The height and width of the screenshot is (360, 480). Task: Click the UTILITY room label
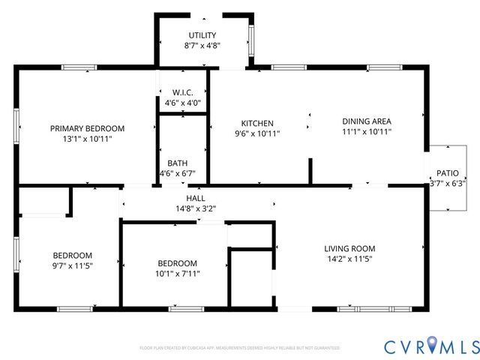coord(202,35)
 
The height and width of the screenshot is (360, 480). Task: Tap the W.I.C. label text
coord(183,92)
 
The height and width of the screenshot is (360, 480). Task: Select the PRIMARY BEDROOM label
coord(88,128)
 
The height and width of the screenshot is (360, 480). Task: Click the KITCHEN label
coord(257,124)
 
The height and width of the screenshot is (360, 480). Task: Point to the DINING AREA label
coord(367,121)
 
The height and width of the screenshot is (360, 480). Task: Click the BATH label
coord(178,163)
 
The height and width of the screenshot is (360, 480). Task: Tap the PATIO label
coord(448,172)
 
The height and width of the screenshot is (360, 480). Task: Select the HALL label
coord(196,198)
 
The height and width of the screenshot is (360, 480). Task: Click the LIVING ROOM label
coord(349,248)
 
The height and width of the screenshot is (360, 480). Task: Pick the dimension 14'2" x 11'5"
coord(349,259)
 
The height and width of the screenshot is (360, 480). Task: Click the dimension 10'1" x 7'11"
coord(178,273)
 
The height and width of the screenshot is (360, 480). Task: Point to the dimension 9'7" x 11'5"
coord(72,265)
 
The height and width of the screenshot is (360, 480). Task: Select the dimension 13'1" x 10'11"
coord(88,139)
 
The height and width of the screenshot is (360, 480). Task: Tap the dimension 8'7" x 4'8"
coord(202,46)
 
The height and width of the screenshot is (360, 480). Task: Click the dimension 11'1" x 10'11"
coord(367,131)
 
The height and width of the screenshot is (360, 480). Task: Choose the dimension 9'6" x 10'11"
coord(257,134)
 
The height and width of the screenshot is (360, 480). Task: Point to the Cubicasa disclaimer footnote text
coord(240,348)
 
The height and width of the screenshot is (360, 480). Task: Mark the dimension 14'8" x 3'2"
coord(196,208)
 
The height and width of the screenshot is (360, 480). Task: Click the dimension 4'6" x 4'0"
coord(183,103)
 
